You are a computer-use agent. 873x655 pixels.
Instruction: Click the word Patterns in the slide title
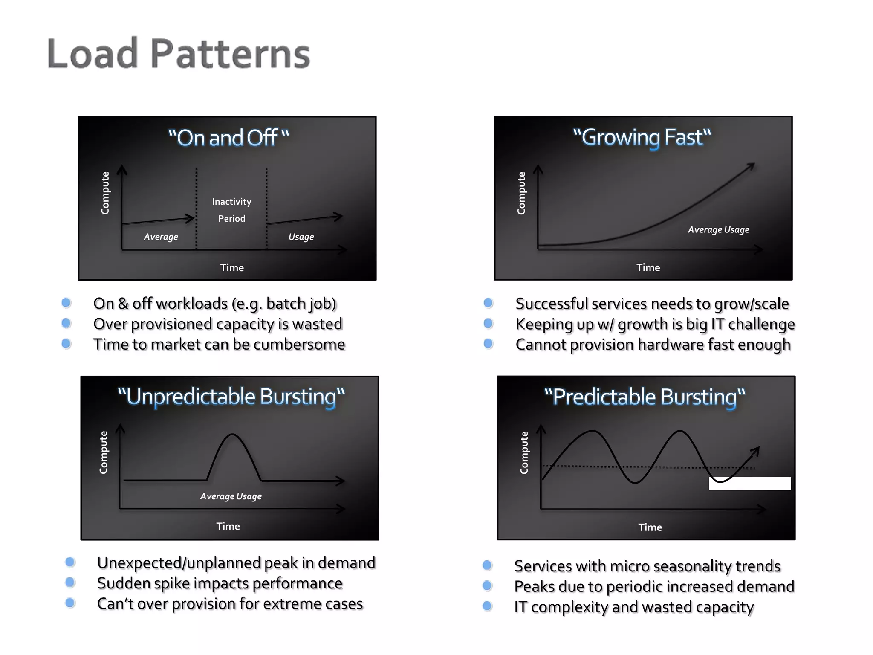(230, 54)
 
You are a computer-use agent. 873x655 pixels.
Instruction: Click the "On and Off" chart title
(228, 138)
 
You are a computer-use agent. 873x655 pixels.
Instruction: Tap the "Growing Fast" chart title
(642, 137)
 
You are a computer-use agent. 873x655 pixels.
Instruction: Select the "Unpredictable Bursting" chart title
(231, 397)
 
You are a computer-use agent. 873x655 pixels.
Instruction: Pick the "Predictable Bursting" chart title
(645, 397)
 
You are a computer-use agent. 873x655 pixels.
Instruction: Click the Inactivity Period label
(232, 210)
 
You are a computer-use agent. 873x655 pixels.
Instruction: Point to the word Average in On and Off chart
(161, 237)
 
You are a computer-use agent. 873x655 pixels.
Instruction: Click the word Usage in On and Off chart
(301, 237)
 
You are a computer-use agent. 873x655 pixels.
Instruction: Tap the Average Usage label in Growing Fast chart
(718, 229)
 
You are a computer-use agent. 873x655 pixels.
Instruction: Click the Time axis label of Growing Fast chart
(648, 267)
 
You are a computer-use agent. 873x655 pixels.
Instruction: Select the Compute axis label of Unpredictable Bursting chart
(103, 452)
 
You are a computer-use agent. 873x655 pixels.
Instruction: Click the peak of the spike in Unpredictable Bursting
(232, 435)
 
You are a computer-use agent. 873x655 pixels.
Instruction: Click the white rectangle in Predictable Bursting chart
(749, 483)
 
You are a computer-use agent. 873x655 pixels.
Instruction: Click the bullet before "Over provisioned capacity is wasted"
(66, 323)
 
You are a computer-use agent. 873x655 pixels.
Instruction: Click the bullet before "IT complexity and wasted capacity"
(487, 606)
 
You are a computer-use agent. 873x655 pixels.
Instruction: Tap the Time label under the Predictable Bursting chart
(650, 527)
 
